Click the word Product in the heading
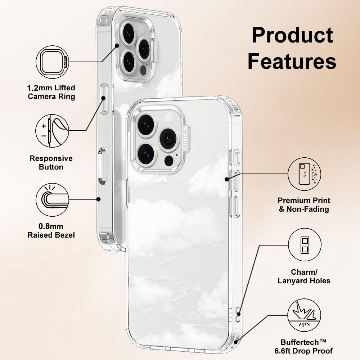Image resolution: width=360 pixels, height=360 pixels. [x=292, y=36]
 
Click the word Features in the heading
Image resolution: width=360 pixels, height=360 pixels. [x=292, y=61]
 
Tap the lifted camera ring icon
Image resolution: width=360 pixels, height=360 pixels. [x=52, y=62]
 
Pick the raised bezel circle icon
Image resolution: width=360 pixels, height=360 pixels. [x=52, y=200]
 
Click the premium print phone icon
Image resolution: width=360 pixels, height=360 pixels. [x=305, y=174]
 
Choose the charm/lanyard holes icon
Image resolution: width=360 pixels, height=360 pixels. [x=305, y=245]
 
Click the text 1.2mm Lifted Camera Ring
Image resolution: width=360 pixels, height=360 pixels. [x=51, y=92]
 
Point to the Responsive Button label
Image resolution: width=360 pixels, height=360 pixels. [x=51, y=163]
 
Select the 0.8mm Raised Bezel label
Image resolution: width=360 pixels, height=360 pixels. [x=51, y=231]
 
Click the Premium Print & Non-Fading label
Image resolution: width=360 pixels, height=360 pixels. [x=304, y=204]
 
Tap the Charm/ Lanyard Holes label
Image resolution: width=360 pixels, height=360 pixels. [x=304, y=276]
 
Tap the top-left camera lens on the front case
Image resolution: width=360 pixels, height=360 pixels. [x=146, y=125]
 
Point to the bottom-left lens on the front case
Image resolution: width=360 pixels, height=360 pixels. [x=146, y=153]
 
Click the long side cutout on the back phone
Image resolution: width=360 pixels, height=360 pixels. [x=103, y=166]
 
